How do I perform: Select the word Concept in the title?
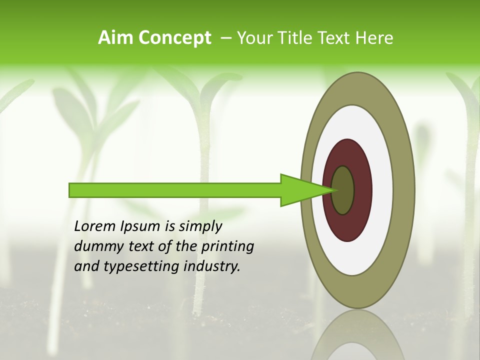coord(174,38)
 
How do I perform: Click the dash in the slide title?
coord(225,38)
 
